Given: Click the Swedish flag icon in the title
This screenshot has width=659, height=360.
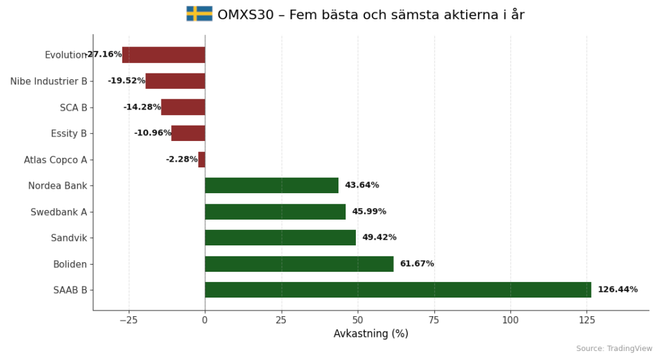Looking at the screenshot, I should (x=199, y=14).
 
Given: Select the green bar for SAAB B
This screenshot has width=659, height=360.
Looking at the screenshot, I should (x=398, y=290).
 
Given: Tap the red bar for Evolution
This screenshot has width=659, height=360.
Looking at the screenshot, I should (x=163, y=55).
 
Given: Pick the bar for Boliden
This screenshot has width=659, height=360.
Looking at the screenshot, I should (x=299, y=264).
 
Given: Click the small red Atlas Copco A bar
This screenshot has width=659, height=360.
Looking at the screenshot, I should (x=201, y=159).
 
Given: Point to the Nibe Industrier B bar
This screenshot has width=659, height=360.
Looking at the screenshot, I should (x=175, y=81).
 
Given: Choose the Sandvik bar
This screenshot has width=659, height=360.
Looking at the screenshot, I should (x=280, y=238).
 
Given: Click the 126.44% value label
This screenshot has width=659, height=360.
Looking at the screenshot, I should (x=617, y=290).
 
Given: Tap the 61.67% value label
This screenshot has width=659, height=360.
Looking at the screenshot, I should (x=416, y=264).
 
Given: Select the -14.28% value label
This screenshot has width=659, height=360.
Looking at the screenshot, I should (x=142, y=108).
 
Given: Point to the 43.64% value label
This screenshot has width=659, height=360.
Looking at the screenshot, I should (x=362, y=185).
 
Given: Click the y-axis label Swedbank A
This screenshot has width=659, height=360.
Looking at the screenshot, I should (x=59, y=212).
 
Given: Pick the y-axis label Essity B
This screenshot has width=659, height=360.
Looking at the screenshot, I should (x=69, y=133).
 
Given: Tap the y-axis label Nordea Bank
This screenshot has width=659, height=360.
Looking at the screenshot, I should (x=57, y=186).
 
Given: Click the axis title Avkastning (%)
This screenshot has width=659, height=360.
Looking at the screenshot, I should (x=371, y=334).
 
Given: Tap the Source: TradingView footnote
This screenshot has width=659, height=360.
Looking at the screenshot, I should (x=614, y=348).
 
